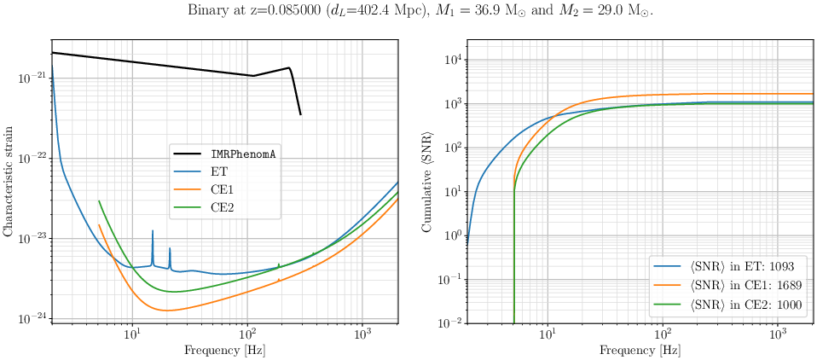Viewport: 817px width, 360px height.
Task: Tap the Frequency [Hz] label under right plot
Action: click(640, 350)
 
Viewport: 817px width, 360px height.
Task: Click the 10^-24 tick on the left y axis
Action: click(32, 318)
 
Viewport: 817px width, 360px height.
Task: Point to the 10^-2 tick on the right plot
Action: click(449, 323)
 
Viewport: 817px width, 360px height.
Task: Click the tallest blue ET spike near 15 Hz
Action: click(153, 231)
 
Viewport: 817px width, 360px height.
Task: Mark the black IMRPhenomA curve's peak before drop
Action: click(289, 68)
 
